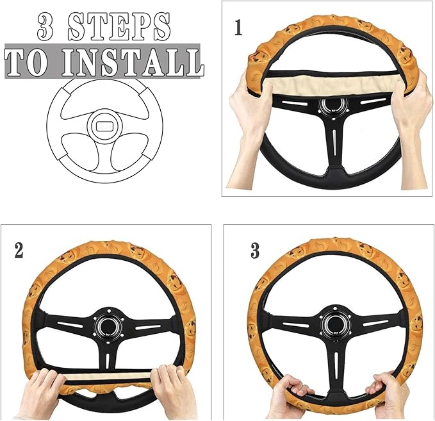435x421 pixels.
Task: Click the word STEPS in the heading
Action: click(x=119, y=26)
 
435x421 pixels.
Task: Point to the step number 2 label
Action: click(x=19, y=250)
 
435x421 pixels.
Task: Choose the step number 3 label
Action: click(x=255, y=251)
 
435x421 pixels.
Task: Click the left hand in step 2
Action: click(x=42, y=391)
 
